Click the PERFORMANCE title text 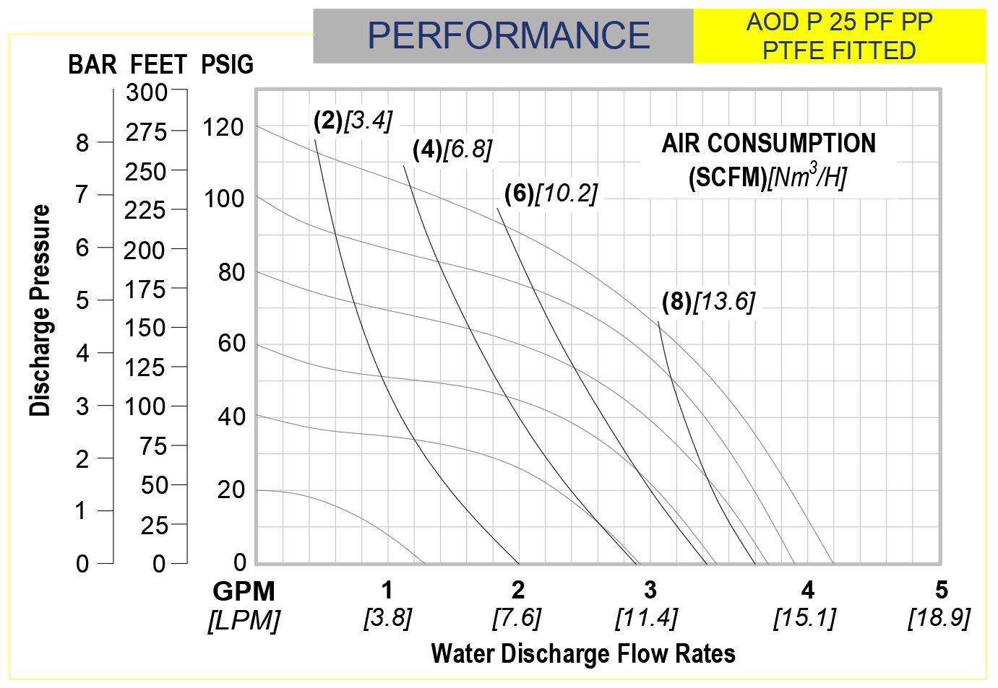pyautogui.click(x=508, y=35)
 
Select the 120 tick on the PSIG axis pyautogui.click(x=223, y=128)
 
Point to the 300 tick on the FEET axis pyautogui.click(x=147, y=92)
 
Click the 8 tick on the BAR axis pyautogui.click(x=83, y=143)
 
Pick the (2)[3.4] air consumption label pyautogui.click(x=353, y=120)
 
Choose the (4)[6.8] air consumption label pyautogui.click(x=452, y=149)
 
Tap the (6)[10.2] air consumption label pyautogui.click(x=551, y=193)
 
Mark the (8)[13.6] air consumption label pyautogui.click(x=708, y=300)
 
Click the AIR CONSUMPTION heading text pyautogui.click(x=768, y=143)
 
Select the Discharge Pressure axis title pyautogui.click(x=40, y=310)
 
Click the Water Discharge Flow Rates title pyautogui.click(x=583, y=653)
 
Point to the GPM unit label pyautogui.click(x=244, y=591)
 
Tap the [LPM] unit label pyautogui.click(x=244, y=620)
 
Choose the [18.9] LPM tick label pyautogui.click(x=939, y=618)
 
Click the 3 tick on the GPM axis pyautogui.click(x=650, y=591)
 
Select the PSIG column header pyautogui.click(x=228, y=65)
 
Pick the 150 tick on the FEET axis pyautogui.click(x=145, y=328)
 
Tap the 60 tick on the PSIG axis pyautogui.click(x=231, y=344)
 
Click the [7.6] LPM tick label pyautogui.click(x=517, y=618)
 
